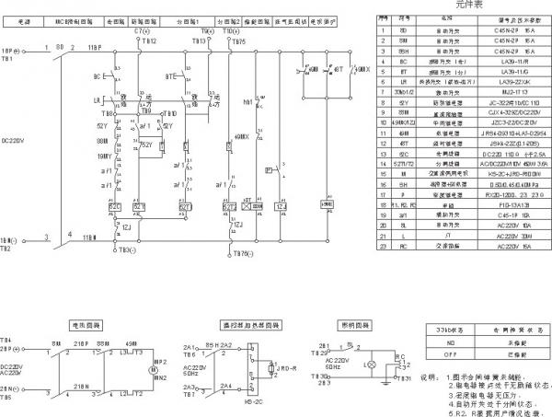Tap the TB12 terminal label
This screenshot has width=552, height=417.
point(149,42)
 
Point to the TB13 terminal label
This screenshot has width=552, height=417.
point(199,42)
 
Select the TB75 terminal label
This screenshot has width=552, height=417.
point(238,42)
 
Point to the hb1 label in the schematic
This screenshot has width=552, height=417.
point(247,101)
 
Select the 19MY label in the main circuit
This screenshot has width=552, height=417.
point(102,157)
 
